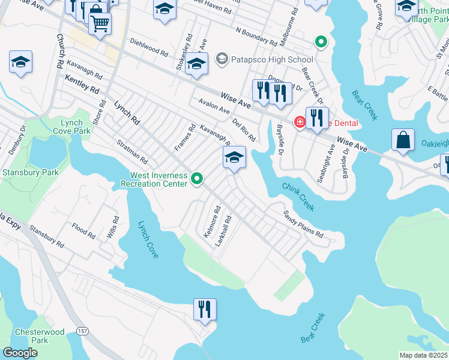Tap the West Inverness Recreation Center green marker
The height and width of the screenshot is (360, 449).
pyautogui.click(x=197, y=179)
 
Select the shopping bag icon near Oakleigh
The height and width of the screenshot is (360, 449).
pyautogui.click(x=403, y=140)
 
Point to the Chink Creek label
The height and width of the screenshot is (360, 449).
pyautogui.click(x=298, y=197)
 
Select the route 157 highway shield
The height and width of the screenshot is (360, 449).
pyautogui.click(x=83, y=332)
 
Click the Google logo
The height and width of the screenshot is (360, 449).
pyautogui.click(x=20, y=353)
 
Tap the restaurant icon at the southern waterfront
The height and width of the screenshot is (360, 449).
pyautogui.click(x=204, y=310)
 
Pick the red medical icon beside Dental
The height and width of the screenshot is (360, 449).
pyautogui.click(x=298, y=123)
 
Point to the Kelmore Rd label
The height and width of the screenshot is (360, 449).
pyautogui.click(x=212, y=223)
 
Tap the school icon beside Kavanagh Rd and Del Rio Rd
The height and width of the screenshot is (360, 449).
pyautogui.click(x=234, y=158)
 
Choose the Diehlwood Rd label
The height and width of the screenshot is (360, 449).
pyautogui.click(x=148, y=48)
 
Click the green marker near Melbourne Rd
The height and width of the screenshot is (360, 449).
pyautogui.click(x=321, y=43)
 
